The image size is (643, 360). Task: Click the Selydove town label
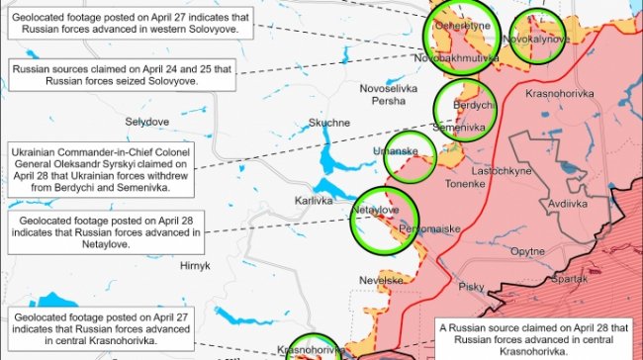[147, 121]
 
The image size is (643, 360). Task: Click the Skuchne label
[328, 123]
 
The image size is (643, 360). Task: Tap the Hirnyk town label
[195, 266]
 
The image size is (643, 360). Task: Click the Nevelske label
[381, 280]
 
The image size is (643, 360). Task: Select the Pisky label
[472, 287]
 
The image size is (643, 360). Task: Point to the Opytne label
[527, 251]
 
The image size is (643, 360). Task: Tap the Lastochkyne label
[504, 170]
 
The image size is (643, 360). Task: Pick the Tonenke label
[465, 184]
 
